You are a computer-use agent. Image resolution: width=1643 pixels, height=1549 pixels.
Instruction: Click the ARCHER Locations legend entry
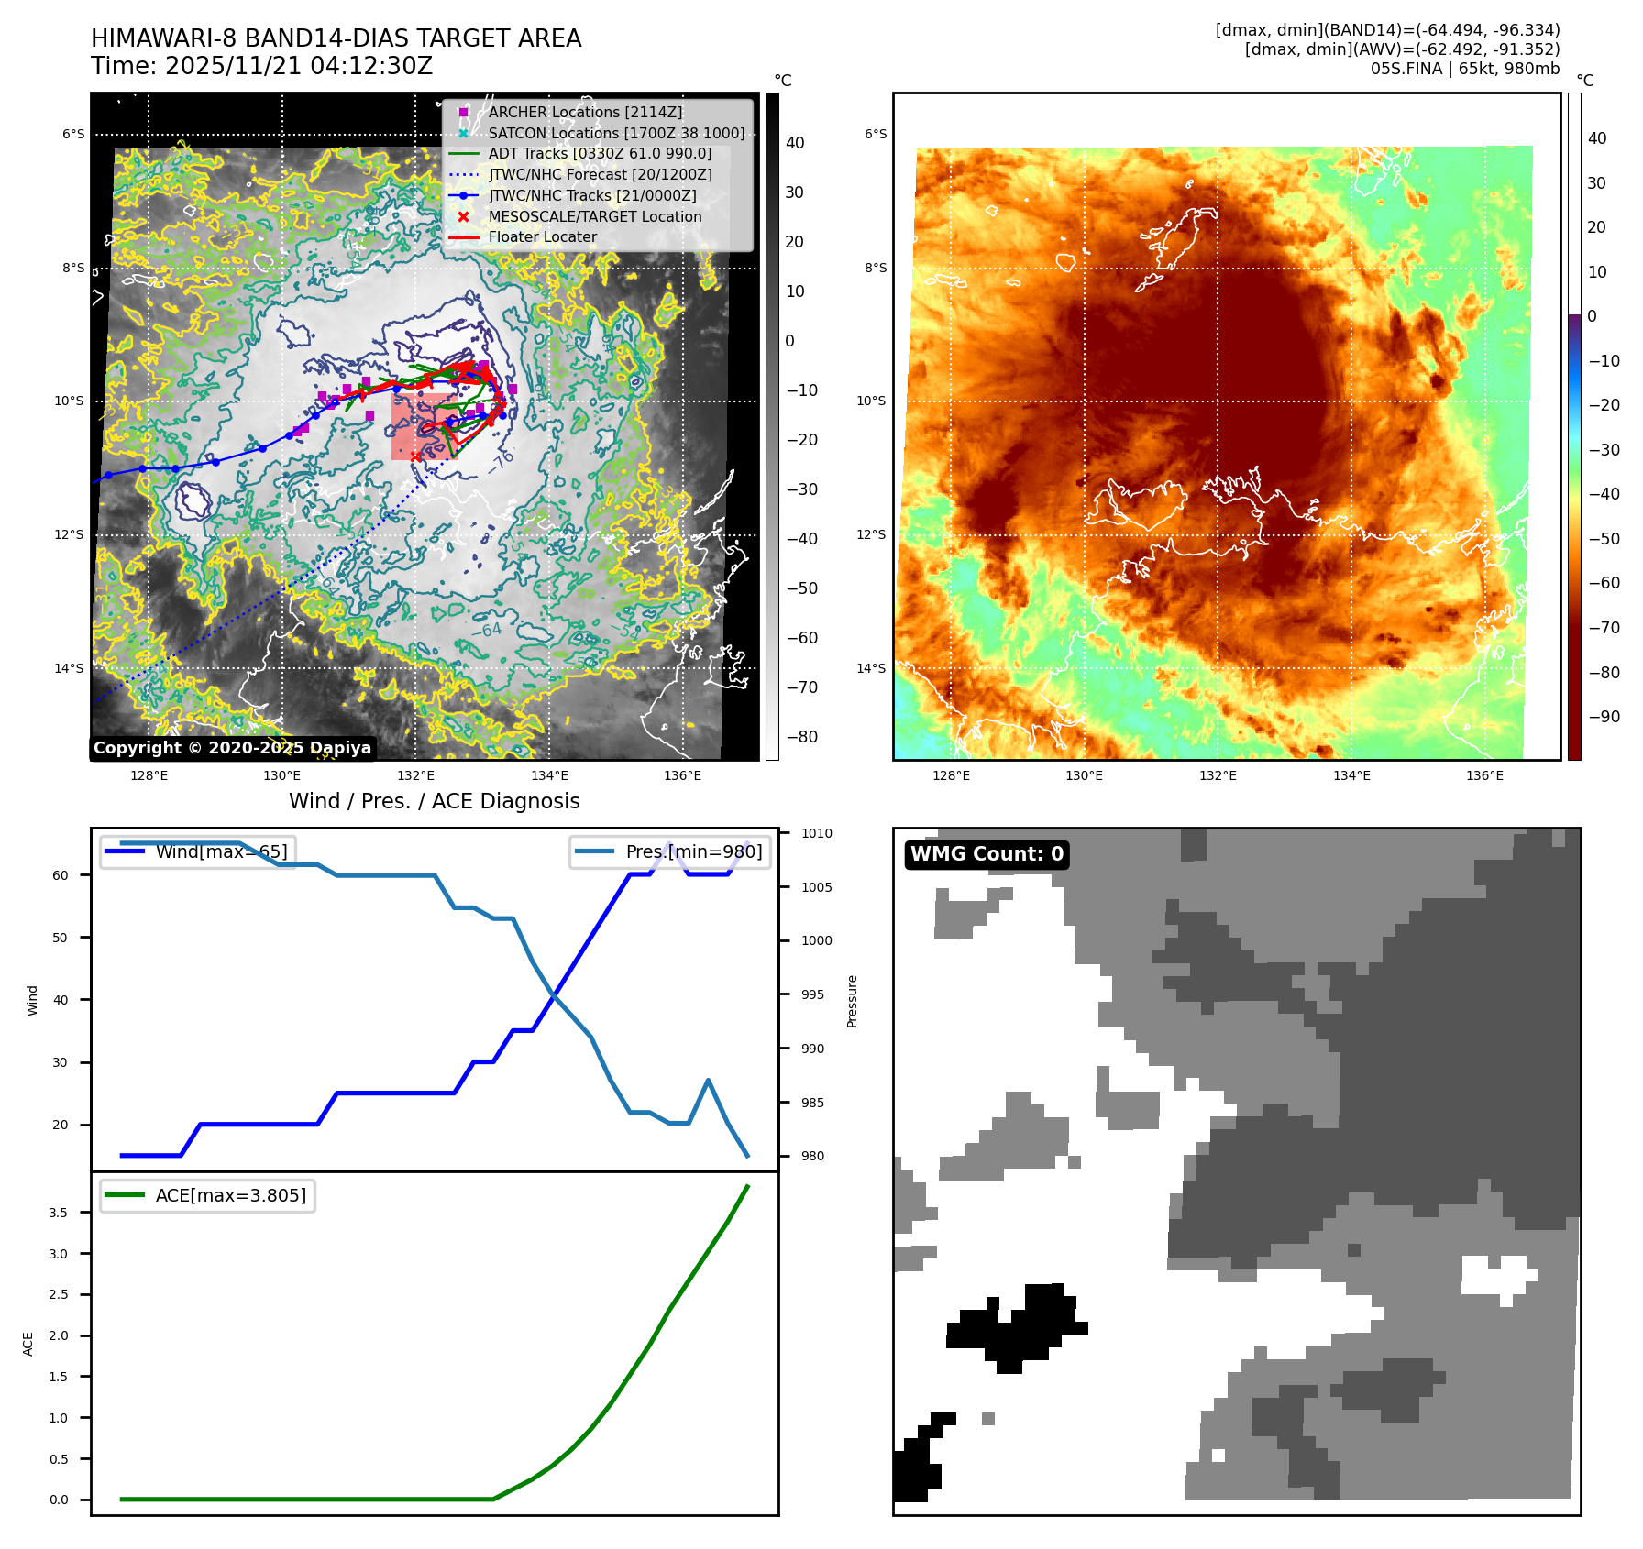pyautogui.click(x=585, y=112)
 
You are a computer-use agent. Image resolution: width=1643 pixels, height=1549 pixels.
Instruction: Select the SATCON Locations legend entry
pyautogui.click(x=616, y=133)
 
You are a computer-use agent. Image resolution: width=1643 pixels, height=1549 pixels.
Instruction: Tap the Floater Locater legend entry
pyautogui.click(x=542, y=236)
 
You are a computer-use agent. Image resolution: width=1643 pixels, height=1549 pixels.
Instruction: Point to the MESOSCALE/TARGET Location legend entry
pyautogui.click(x=594, y=216)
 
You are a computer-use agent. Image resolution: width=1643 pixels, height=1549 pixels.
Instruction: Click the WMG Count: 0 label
pyautogui.click(x=987, y=854)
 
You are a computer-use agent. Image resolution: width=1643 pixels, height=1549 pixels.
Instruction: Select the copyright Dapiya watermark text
pyautogui.click(x=232, y=748)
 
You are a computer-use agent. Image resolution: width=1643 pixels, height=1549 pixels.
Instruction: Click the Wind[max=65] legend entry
pyautogui.click(x=221, y=851)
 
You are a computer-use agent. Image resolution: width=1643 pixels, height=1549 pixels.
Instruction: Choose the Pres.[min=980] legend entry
pyautogui.click(x=693, y=851)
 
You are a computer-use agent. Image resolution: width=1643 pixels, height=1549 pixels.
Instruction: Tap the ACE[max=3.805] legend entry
pyautogui.click(x=230, y=1195)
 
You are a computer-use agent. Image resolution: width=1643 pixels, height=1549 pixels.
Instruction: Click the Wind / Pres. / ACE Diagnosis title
pyautogui.click(x=434, y=801)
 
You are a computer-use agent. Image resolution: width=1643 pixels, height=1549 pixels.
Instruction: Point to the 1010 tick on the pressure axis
pyautogui.click(x=816, y=833)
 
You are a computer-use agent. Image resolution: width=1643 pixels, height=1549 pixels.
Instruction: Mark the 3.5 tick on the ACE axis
pyautogui.click(x=58, y=1213)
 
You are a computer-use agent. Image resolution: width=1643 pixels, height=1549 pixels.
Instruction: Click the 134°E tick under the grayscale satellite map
pyautogui.click(x=549, y=775)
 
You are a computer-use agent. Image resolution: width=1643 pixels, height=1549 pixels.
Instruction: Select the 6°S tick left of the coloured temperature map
pyautogui.click(x=876, y=134)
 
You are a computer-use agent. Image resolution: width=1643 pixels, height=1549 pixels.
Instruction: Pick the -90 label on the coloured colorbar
pyautogui.click(x=1604, y=717)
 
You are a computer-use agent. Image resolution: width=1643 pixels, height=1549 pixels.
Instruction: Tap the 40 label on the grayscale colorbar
pyautogui.click(x=795, y=143)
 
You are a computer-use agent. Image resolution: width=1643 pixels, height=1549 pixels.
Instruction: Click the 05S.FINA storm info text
pyautogui.click(x=1464, y=69)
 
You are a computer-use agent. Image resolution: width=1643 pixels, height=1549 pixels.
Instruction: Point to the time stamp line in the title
pyautogui.click(x=261, y=66)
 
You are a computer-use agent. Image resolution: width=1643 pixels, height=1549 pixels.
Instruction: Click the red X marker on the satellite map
pyautogui.click(x=415, y=456)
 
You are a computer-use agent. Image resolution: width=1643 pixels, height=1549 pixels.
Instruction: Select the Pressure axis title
pyautogui.click(x=852, y=1001)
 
